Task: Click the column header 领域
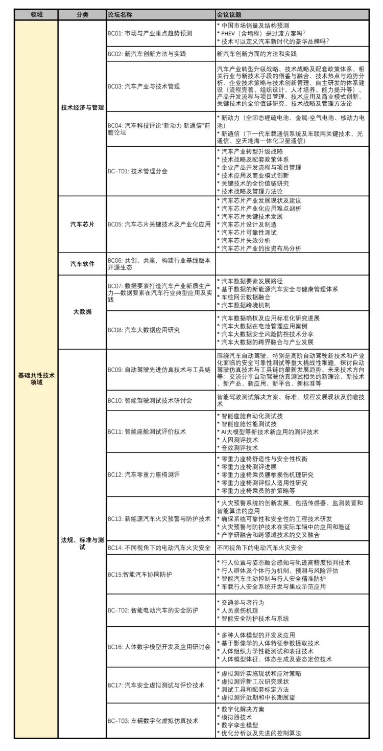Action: (36, 14)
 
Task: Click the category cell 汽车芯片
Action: (82, 224)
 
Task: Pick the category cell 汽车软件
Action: (82, 264)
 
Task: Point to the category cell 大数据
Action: (82, 311)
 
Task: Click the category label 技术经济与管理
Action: (82, 107)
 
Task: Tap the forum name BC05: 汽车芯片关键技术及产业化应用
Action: (159, 224)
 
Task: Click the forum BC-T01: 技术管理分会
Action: (137, 171)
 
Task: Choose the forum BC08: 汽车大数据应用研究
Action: (143, 330)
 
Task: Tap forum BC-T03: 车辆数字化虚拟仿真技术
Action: (153, 720)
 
